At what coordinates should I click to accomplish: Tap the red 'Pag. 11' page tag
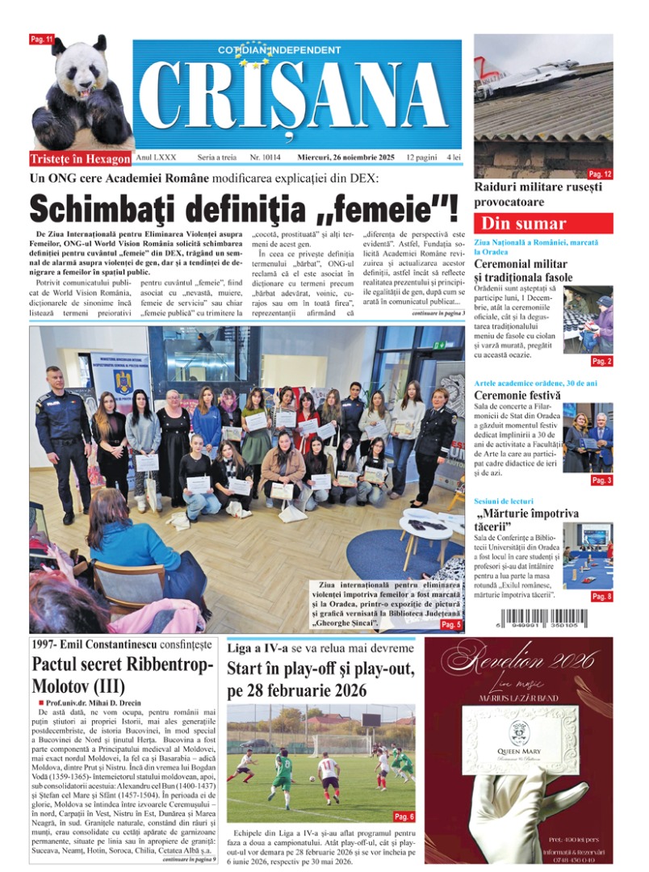42,40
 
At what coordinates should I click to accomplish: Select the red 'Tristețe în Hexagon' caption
80,158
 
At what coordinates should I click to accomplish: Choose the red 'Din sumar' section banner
542,224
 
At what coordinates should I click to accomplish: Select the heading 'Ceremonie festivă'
517,396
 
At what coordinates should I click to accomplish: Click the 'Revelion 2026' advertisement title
519,659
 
